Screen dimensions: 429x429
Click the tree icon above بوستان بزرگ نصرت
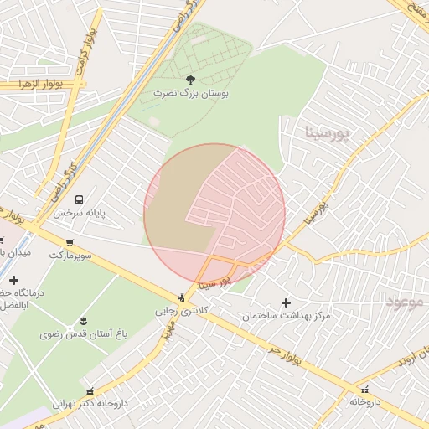(190, 80)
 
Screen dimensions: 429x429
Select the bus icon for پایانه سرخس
(79, 199)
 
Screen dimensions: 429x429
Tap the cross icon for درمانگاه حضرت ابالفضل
(13, 279)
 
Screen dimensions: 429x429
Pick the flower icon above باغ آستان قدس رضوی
(83, 321)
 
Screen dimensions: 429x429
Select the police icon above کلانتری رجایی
(181, 297)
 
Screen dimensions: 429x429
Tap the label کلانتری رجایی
(178, 311)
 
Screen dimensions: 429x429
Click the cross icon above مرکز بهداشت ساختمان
(286, 302)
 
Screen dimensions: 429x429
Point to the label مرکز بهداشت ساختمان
(286, 316)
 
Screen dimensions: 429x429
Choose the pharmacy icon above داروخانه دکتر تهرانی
(90, 390)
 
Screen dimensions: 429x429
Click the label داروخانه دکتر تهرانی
(90, 404)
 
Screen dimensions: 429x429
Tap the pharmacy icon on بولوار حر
(364, 390)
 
